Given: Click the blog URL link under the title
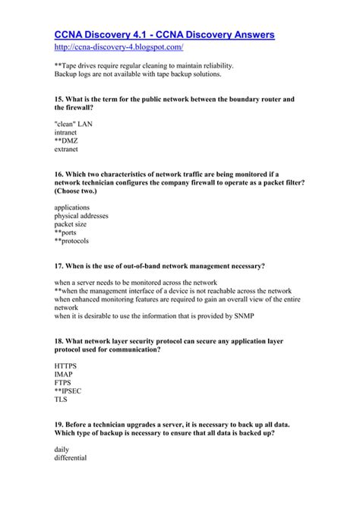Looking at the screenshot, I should (119, 47).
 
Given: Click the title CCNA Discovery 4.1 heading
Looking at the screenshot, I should (165, 34).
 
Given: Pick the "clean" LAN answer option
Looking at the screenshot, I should (74, 122).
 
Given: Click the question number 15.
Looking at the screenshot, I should (60, 100).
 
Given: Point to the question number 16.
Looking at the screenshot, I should (60, 174).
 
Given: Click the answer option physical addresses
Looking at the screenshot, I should (81, 216).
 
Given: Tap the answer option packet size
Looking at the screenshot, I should (71, 224).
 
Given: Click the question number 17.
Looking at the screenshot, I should (60, 266).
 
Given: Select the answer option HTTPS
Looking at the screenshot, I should (66, 366).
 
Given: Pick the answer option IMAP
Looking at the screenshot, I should (65, 375).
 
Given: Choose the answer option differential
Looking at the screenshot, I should (71, 458).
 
